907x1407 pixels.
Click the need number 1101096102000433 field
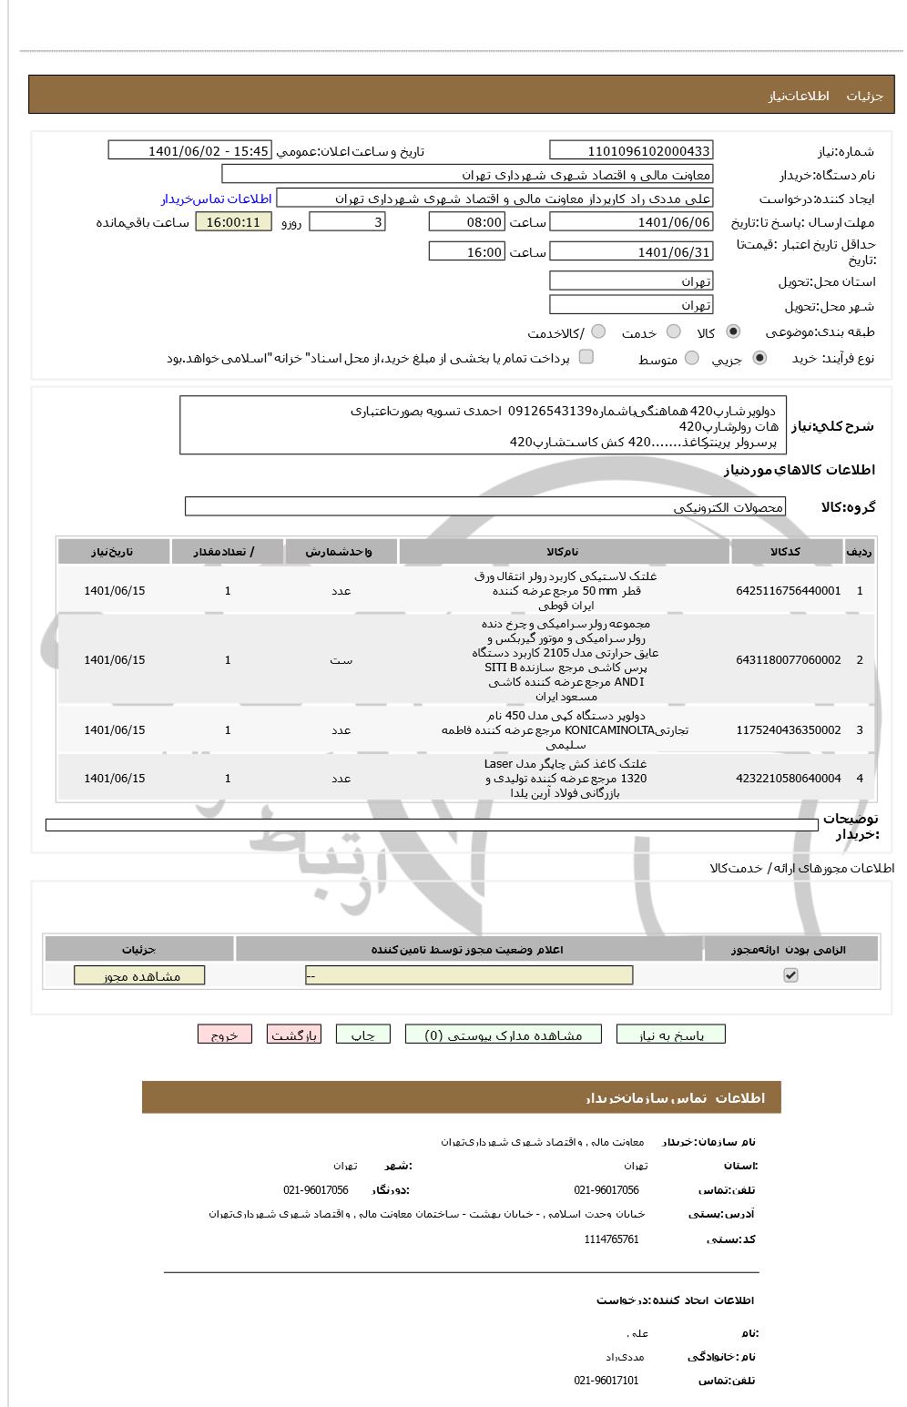coord(631,151)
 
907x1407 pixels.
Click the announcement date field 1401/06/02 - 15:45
coord(189,151)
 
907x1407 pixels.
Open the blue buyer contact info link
coord(217,199)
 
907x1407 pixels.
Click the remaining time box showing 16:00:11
coord(233,222)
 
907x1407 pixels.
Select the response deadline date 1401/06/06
coord(631,222)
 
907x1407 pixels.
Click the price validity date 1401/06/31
coord(631,252)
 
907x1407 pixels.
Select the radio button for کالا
coord(734,331)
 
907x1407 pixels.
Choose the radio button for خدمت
coord(674,331)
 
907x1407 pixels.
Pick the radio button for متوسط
coord(692,359)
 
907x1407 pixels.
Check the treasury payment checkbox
coord(586,357)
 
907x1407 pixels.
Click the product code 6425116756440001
coord(788,591)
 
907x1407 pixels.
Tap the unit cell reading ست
coord(341,660)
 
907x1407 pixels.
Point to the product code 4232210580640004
coord(788,779)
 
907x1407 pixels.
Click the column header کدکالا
coord(786,552)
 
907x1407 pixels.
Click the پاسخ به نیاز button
coord(671,1035)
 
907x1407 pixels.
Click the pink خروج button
coord(224,1035)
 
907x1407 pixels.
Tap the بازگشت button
coord(293,1035)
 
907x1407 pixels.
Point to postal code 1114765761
coord(611,1239)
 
